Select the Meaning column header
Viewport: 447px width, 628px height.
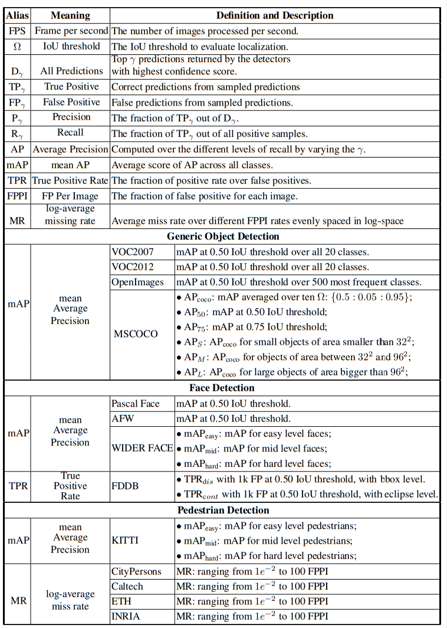70,15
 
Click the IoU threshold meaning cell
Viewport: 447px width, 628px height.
70,46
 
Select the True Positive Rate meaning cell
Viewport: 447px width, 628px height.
70,180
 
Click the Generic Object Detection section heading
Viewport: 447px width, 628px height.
223,236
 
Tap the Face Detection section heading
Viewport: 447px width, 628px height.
222,388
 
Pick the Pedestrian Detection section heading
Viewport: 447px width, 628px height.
223,510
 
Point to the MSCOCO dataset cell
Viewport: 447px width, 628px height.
136,333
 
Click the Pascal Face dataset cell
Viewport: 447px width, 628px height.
136,404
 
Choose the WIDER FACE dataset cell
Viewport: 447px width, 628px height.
142,448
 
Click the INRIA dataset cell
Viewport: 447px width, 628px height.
126,617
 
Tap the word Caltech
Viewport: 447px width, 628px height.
127,587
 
